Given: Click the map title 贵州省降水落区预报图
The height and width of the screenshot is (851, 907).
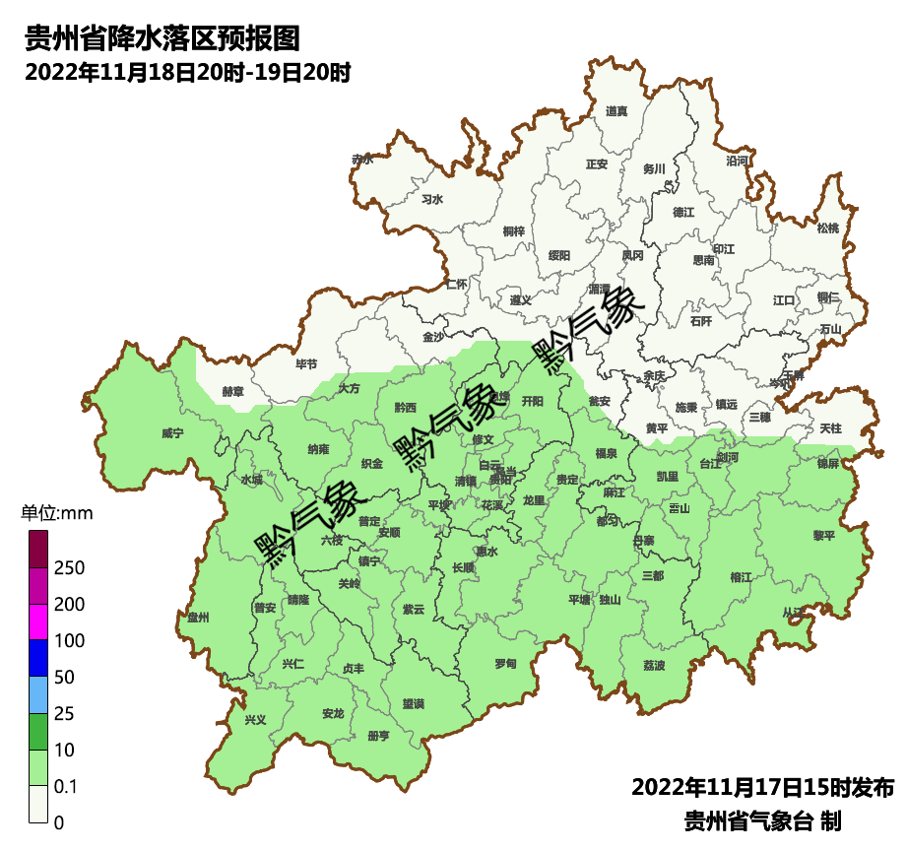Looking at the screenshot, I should [x=162, y=39].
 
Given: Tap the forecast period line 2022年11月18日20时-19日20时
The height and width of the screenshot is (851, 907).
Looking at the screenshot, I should [x=187, y=73].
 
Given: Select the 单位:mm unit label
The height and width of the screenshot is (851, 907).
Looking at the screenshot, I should [x=56, y=513].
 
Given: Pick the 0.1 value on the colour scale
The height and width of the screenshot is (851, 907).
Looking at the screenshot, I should [x=67, y=787].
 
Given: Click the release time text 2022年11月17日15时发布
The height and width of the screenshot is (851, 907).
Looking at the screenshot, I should [x=762, y=788].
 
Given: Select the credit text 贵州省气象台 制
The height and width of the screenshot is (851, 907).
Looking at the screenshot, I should [x=762, y=820].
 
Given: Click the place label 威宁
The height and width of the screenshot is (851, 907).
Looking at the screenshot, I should [x=172, y=432].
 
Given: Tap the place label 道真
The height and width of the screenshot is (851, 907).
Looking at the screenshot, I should [x=616, y=111].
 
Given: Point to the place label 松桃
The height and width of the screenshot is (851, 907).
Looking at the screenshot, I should [x=828, y=229].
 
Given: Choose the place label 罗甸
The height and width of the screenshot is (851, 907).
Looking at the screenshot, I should [x=505, y=663].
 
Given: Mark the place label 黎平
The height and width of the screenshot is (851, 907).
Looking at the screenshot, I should [x=823, y=536].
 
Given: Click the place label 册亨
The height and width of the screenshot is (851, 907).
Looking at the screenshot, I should [x=378, y=735].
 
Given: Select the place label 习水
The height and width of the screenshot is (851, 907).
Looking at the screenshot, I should [x=432, y=199].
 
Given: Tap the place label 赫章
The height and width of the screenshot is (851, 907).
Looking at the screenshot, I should [x=232, y=391].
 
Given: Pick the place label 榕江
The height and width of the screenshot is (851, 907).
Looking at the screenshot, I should [x=742, y=576].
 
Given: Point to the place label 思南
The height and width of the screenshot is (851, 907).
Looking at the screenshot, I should [x=703, y=260].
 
